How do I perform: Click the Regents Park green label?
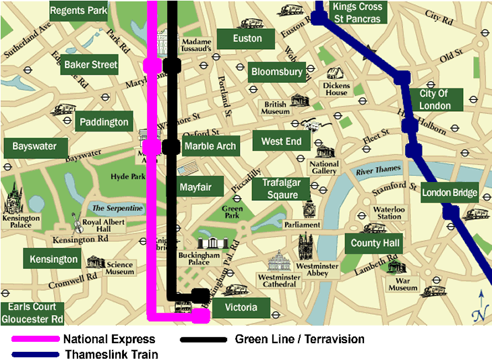(x=79, y=11)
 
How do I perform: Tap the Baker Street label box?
(x=90, y=65)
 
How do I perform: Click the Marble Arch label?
(x=210, y=146)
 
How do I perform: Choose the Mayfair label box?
(x=195, y=187)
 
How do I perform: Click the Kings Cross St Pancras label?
(x=357, y=12)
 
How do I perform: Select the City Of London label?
(x=435, y=100)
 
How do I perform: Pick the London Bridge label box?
(x=450, y=193)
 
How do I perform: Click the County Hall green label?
(x=375, y=243)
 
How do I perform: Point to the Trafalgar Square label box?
(x=280, y=189)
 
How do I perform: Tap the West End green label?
(x=282, y=142)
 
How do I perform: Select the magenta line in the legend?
(x=36, y=339)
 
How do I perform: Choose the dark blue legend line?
(x=36, y=354)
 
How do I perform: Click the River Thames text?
(x=378, y=169)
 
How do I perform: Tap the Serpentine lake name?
(x=117, y=208)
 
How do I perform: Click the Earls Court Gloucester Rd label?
(x=32, y=313)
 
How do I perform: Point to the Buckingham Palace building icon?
(x=213, y=243)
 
